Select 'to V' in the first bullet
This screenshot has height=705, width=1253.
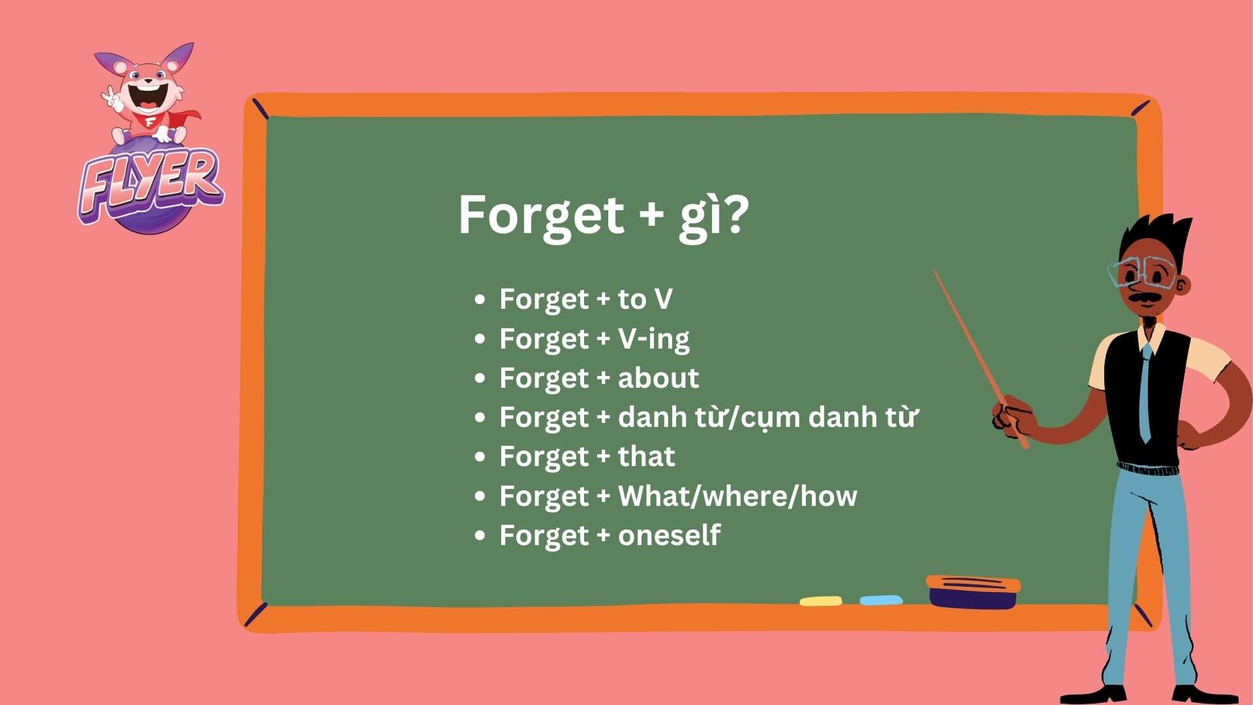645,299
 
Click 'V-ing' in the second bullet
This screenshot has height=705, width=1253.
653,339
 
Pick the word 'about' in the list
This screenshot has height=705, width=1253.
658,378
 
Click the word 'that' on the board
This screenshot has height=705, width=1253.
646,456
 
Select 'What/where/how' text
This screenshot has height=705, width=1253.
737,496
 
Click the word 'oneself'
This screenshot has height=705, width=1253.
669,535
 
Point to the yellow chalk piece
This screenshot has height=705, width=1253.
820,601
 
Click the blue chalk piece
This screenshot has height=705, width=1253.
881,600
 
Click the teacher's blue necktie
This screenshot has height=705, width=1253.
1145,392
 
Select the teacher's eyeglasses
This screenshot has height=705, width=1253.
1142,273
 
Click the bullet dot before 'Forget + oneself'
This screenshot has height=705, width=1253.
480,535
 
